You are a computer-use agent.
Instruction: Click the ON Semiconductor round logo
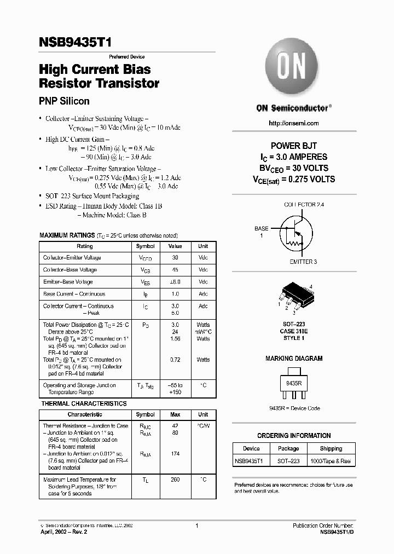click(293, 68)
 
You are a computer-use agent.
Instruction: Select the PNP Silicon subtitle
click(64, 101)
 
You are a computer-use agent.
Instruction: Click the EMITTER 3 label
click(303, 262)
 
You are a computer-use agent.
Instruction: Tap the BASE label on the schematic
click(262, 228)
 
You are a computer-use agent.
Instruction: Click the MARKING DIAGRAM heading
click(294, 359)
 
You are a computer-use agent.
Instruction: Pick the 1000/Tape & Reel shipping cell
click(331, 461)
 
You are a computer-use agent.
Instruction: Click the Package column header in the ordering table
click(288, 449)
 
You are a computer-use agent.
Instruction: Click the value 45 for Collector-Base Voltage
click(175, 270)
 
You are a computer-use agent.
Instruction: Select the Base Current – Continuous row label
click(74, 294)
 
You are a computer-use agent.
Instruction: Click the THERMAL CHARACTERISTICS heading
click(84, 403)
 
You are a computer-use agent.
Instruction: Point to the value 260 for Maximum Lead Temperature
click(175, 480)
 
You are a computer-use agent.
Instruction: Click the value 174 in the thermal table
click(175, 454)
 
